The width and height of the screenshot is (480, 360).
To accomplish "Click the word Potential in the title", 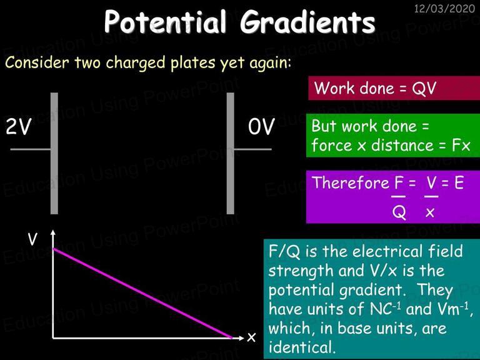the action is click(165, 22).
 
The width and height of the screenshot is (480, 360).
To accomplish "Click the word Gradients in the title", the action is click(307, 22).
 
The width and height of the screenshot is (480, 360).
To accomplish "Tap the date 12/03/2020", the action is click(444, 8).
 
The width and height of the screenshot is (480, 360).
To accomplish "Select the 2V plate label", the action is click(18, 126).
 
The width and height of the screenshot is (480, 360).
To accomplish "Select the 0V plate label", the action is click(261, 126).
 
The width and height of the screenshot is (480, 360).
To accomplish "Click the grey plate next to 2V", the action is click(54, 153).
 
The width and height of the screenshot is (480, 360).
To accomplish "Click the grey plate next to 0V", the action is click(231, 153).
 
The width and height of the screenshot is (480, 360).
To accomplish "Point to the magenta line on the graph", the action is click(142, 294).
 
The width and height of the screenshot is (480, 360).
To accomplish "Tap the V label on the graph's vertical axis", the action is click(32, 239).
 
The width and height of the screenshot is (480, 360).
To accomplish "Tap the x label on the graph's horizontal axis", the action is click(251, 337).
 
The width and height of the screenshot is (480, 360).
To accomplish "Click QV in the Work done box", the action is click(424, 89).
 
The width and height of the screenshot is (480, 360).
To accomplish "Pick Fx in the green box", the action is click(461, 145).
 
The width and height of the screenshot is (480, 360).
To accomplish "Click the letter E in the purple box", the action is click(459, 182).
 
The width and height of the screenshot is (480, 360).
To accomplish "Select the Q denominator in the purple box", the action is click(399, 212).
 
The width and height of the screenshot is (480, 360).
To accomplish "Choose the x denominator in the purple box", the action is click(430, 212).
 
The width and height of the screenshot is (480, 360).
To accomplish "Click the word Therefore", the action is click(351, 182).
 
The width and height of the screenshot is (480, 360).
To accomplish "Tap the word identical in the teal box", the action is click(301, 347).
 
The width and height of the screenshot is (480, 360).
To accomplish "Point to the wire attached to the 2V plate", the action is click(31, 149).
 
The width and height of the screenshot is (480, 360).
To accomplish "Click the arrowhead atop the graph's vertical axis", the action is click(53, 232).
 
